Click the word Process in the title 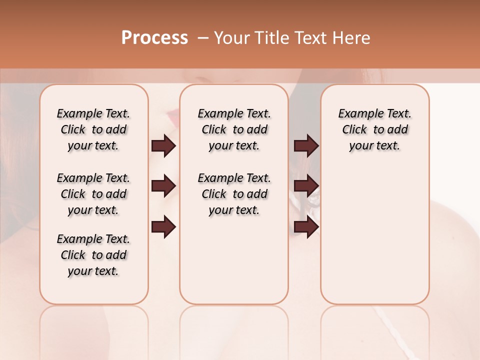tap(154, 37)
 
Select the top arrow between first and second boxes tap(163, 145)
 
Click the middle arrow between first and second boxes tap(163, 186)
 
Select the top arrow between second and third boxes tap(306, 145)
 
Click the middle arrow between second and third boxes tap(306, 186)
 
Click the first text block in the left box tap(93, 129)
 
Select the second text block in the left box tap(93, 194)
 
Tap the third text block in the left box tap(93, 255)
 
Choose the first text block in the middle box tap(234, 129)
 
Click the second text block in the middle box tap(234, 194)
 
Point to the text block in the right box tap(375, 129)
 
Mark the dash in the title tap(203, 38)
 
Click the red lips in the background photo tap(173, 118)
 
